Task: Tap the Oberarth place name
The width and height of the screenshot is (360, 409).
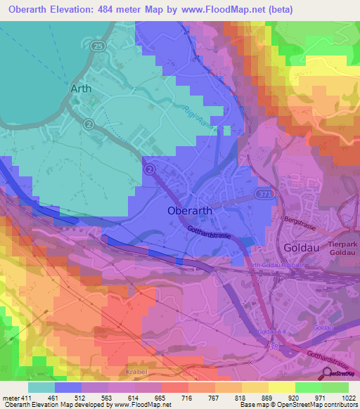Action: pyautogui.click(x=190, y=210)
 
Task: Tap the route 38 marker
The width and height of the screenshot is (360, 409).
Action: pyautogui.click(x=273, y=346)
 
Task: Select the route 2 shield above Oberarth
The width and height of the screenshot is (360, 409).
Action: pyautogui.click(x=149, y=169)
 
